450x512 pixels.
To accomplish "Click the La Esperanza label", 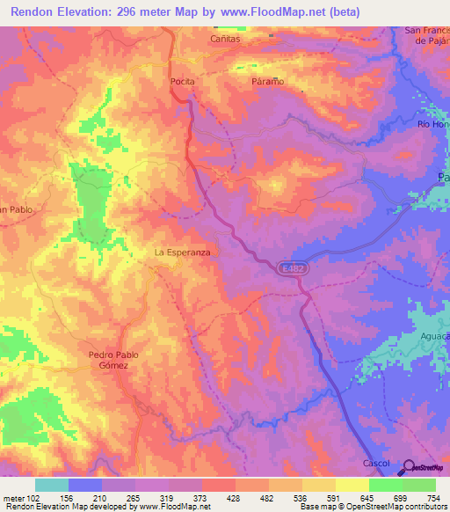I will [181, 252].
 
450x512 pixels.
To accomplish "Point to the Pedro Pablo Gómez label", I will [114, 360].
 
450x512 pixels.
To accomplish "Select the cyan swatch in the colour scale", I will [52, 485].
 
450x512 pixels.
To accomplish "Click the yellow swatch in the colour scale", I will [352, 485].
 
